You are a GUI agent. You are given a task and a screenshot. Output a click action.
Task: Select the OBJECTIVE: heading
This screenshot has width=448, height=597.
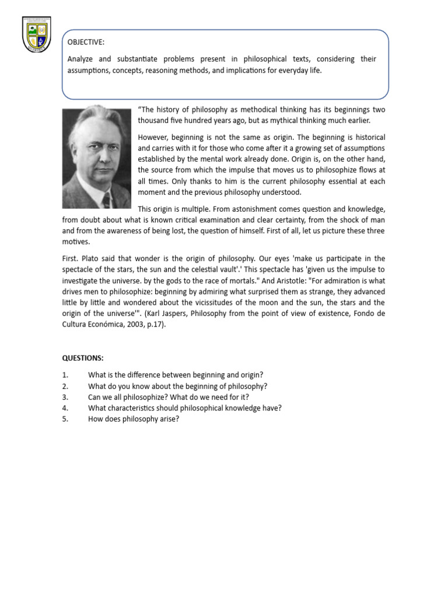(86, 43)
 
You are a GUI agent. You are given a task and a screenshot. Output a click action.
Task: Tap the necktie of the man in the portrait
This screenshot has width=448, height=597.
(106, 199)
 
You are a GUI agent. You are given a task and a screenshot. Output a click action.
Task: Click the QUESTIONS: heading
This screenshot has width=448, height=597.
(83, 358)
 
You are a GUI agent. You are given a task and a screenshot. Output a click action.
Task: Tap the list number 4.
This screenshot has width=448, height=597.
(65, 408)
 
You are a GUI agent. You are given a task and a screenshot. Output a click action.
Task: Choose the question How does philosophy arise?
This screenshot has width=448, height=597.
(133, 419)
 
